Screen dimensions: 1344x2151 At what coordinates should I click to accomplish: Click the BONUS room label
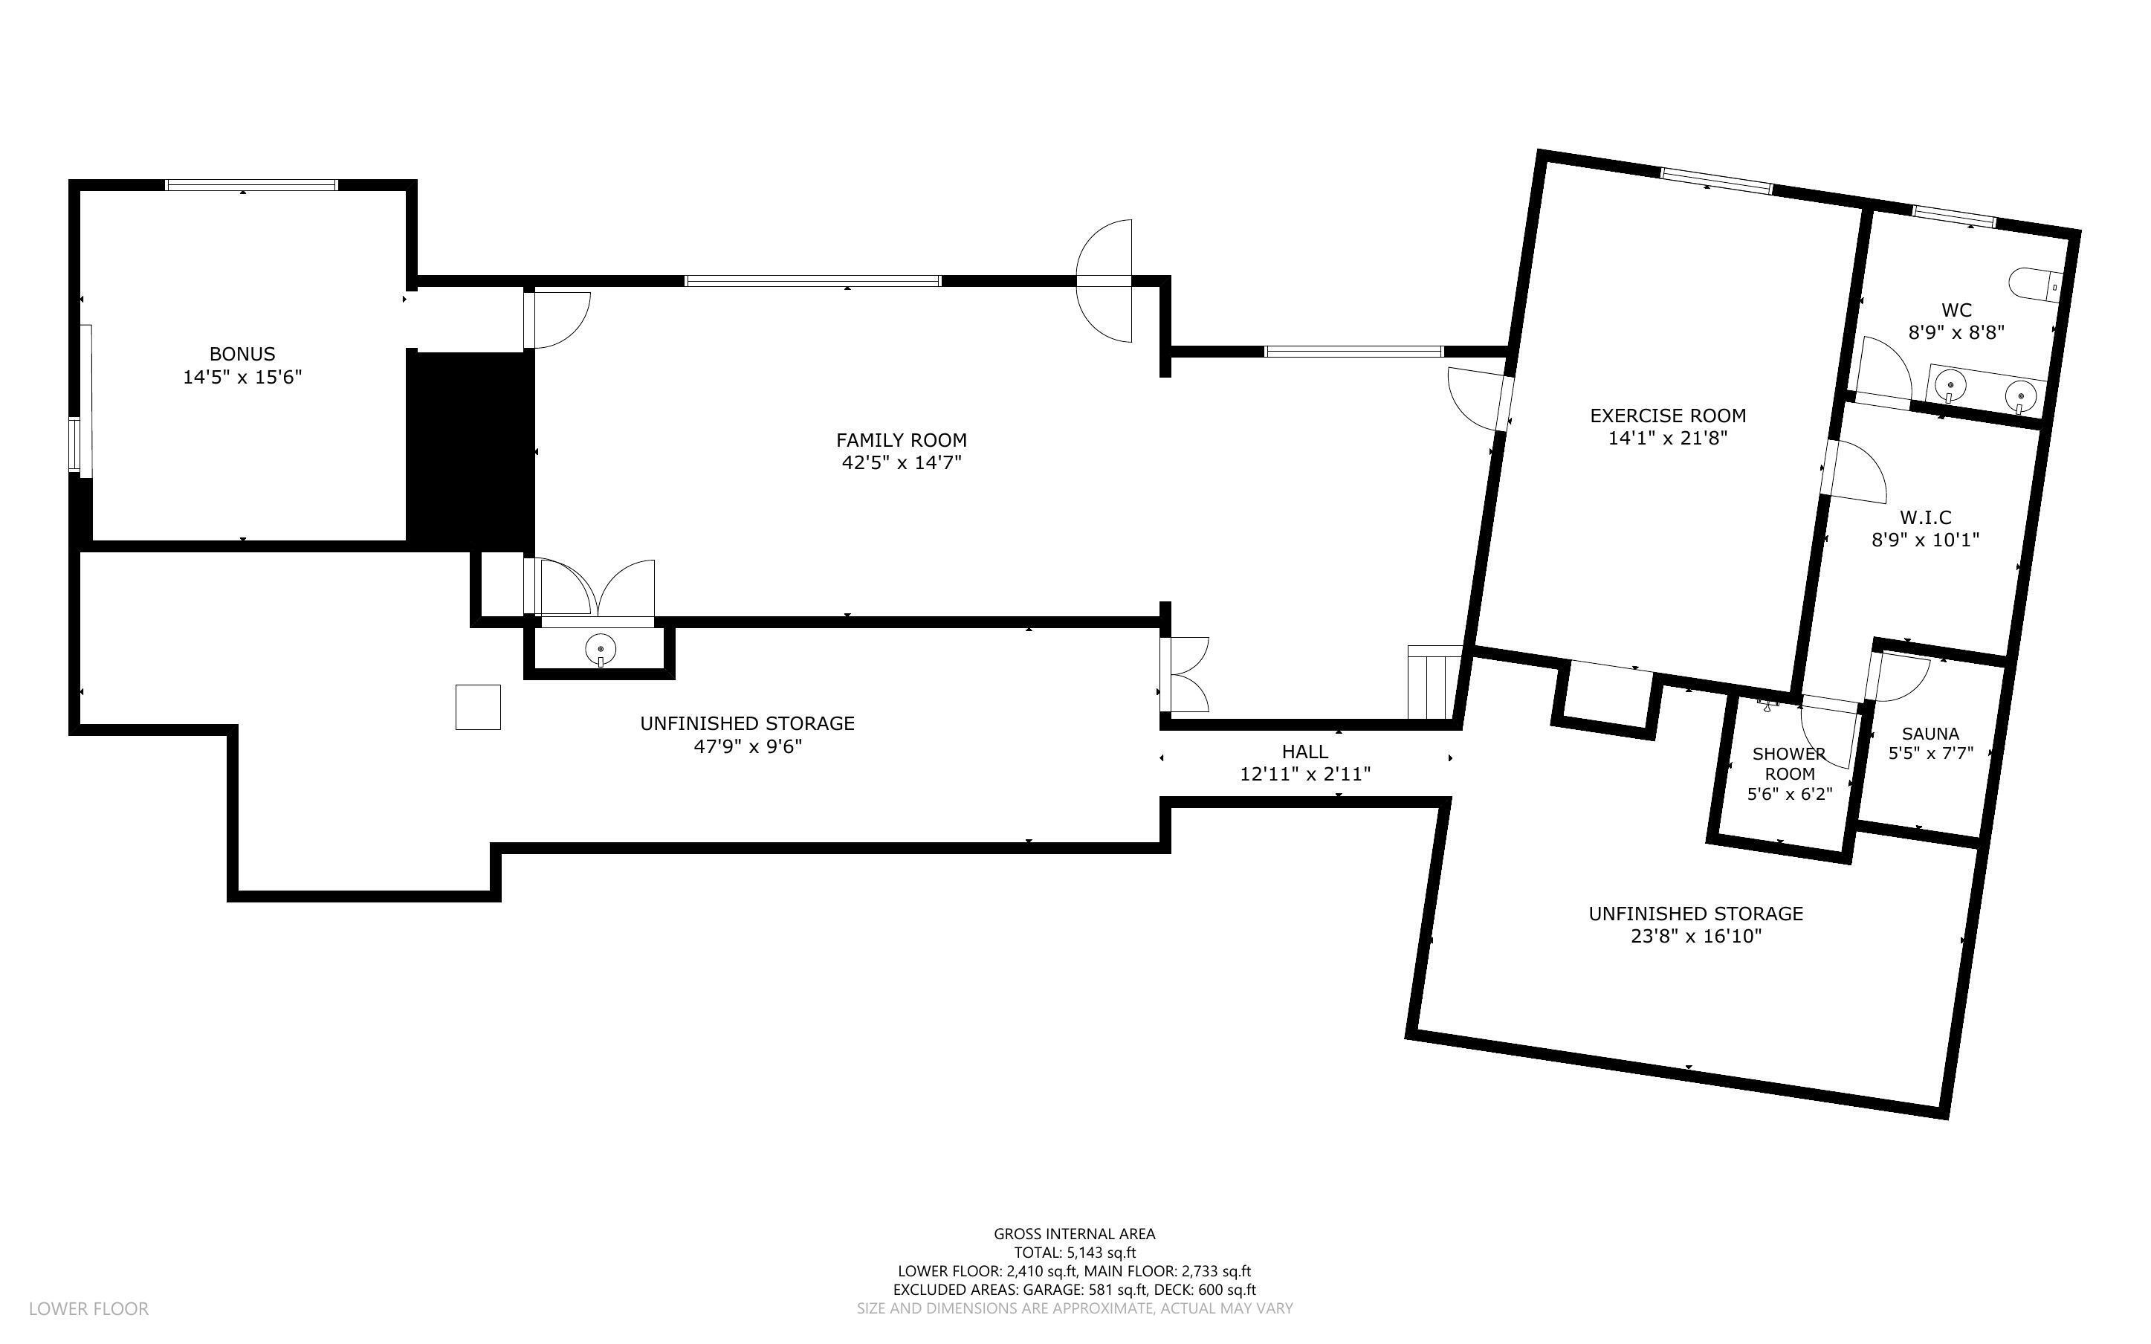pyautogui.click(x=242, y=354)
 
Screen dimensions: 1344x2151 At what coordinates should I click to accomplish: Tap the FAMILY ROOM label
pyautogui.click(x=901, y=440)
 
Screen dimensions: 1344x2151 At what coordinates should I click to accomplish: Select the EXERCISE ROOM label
pyautogui.click(x=1667, y=415)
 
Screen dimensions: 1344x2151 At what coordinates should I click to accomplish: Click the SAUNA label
pyautogui.click(x=1930, y=734)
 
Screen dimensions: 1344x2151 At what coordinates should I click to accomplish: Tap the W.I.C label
pyautogui.click(x=1925, y=517)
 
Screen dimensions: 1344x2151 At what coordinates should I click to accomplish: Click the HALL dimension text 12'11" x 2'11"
pyautogui.click(x=1304, y=775)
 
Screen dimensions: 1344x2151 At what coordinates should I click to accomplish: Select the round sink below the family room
pyautogui.click(x=601, y=648)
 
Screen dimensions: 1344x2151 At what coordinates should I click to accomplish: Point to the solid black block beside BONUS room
pyautogui.click(x=470, y=449)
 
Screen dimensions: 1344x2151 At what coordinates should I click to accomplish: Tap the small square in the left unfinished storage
pyautogui.click(x=478, y=707)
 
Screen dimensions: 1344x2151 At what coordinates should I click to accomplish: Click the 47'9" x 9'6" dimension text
pyautogui.click(x=747, y=746)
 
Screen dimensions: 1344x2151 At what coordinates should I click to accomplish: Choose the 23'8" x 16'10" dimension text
pyautogui.click(x=1695, y=936)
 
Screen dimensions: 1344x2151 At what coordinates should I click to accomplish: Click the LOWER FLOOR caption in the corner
pyautogui.click(x=89, y=1308)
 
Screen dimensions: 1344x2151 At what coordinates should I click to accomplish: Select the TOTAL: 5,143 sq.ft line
pyautogui.click(x=1074, y=1253)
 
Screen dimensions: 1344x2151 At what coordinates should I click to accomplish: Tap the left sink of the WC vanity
pyautogui.click(x=1950, y=387)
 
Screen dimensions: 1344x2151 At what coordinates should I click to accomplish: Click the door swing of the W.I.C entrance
pyautogui.click(x=1857, y=471)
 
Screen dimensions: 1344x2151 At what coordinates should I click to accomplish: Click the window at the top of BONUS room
pyautogui.click(x=252, y=185)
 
